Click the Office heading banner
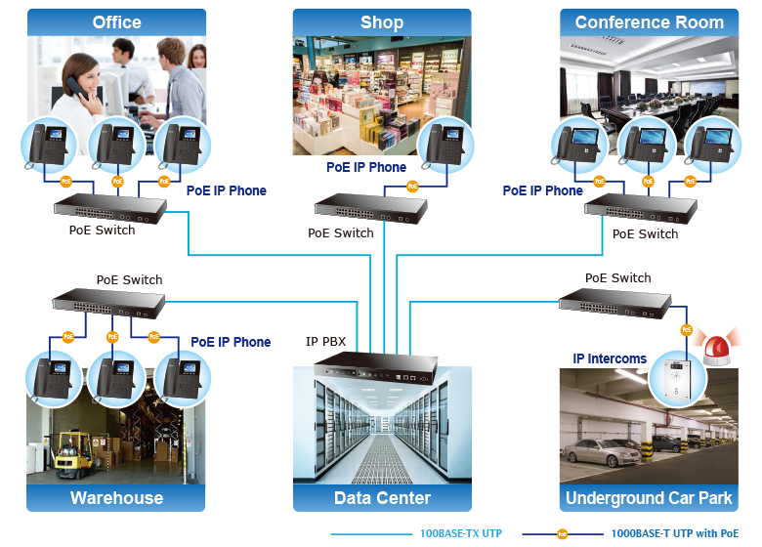(116, 21)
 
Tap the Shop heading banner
(381, 21)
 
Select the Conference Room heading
(649, 21)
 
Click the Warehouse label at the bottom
(116, 498)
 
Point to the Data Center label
(382, 498)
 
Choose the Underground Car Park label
(649, 498)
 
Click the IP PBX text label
(325, 342)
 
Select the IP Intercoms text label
(610, 358)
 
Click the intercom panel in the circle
(676, 376)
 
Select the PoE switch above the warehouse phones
(107, 305)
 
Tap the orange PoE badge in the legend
(562, 534)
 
